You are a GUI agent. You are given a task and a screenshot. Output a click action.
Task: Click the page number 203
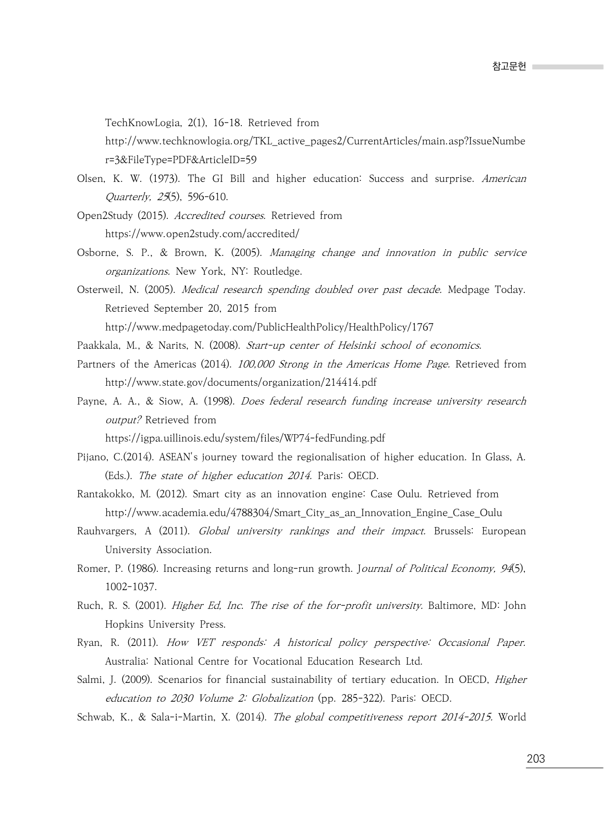click(536, 759)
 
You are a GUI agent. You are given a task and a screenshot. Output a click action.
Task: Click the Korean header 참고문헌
click(509, 67)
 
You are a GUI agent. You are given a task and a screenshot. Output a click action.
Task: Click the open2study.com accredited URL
click(202, 234)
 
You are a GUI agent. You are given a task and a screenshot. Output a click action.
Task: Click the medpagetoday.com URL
click(269, 327)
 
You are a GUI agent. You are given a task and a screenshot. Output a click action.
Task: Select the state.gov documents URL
click(241, 383)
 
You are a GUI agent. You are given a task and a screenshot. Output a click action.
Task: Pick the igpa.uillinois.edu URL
click(245, 438)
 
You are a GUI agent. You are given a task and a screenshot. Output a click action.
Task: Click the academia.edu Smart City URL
click(303, 513)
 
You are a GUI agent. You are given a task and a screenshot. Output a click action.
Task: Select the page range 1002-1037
click(130, 587)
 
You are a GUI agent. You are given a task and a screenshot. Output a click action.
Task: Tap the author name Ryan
click(89, 643)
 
